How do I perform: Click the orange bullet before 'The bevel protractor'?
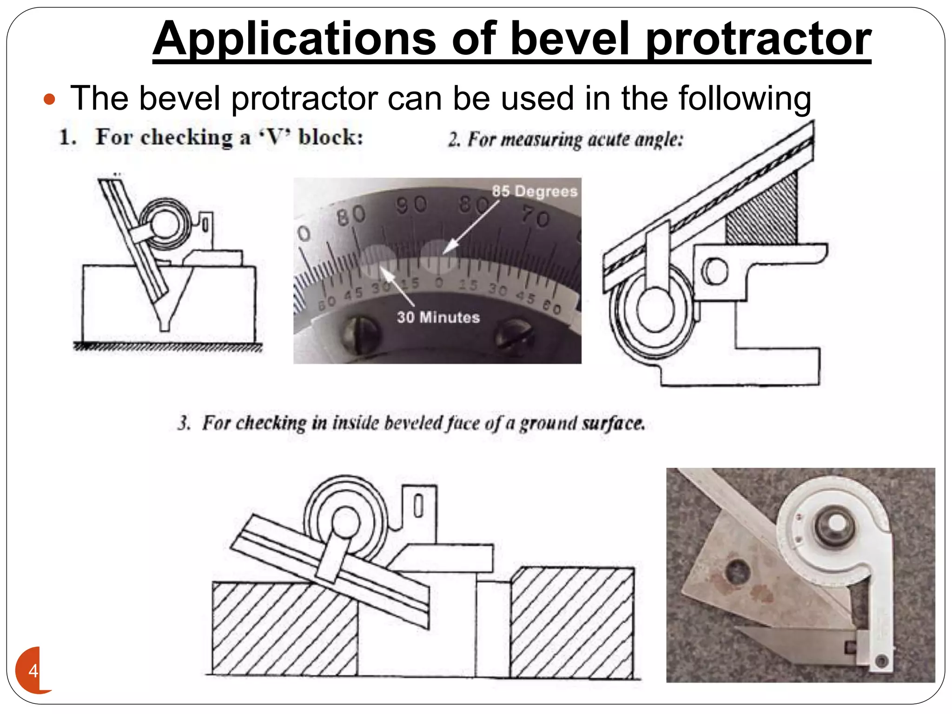49,99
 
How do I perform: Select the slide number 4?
33,671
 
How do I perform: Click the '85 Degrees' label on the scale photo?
535,191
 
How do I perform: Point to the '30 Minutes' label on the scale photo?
438,317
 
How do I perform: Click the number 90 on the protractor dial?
411,205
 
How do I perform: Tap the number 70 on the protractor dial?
535,217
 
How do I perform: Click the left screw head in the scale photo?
360,333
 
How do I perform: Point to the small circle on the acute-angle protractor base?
714,271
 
